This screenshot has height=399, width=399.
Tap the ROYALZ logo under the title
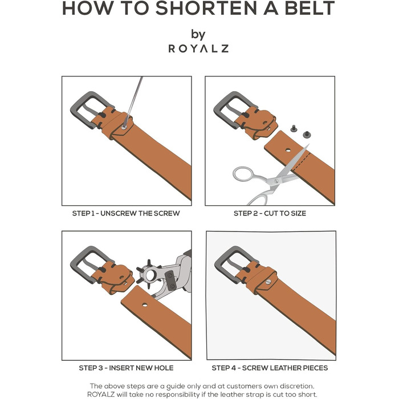coord(198,48)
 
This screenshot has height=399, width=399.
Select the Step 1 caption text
coord(126,213)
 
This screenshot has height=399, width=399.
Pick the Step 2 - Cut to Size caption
coord(270,213)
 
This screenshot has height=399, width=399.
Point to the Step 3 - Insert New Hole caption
coord(126,368)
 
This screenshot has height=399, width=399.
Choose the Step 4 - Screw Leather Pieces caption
coord(270,368)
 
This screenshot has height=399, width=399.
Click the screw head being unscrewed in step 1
coord(124,127)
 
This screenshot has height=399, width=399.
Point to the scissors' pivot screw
coord(276,181)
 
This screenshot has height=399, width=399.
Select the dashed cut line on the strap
coord(302,161)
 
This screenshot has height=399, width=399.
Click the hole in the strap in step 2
coord(288,150)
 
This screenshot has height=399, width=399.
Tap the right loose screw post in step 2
coord(307,135)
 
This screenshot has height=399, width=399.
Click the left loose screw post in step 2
coord(294,128)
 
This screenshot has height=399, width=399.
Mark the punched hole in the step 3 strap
coord(145,304)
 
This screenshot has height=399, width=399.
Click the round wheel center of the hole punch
coord(150,275)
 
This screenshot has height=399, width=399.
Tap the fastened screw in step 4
coord(268,282)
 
